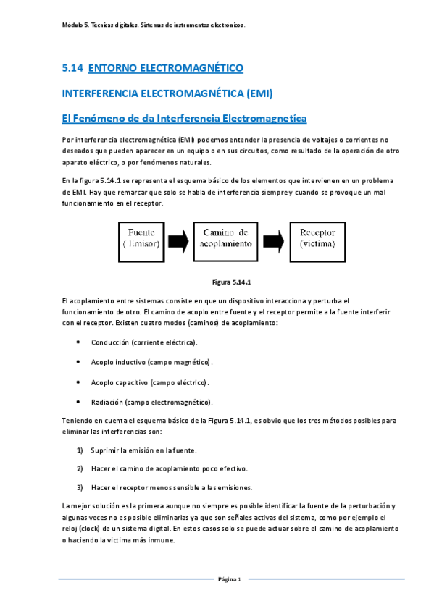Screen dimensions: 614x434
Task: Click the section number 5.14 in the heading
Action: tap(72, 68)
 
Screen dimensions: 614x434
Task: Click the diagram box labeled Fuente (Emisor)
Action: tap(146, 238)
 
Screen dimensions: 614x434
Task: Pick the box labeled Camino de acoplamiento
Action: tap(225, 238)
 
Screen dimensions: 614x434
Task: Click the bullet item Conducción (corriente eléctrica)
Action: tap(143, 342)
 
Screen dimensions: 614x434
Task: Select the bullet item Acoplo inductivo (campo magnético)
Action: tap(151, 361)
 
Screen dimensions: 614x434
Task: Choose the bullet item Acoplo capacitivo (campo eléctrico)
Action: tap(149, 382)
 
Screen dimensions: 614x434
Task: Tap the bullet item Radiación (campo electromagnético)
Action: tap(151, 402)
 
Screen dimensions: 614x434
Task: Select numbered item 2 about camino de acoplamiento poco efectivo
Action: tap(169, 468)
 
